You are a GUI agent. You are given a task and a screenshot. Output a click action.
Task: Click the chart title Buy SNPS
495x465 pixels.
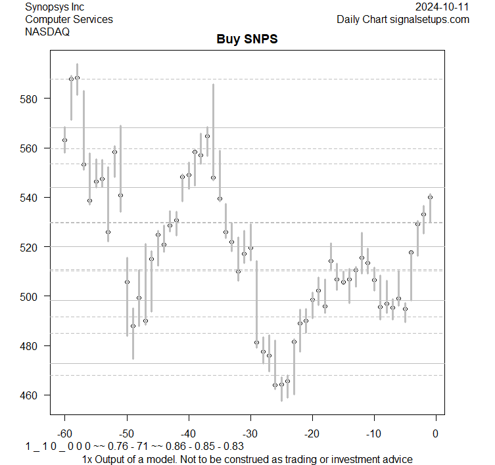(247, 39)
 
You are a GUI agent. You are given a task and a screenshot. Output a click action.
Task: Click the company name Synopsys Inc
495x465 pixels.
(55, 7)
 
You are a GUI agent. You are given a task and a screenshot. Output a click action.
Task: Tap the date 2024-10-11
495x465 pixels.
(442, 7)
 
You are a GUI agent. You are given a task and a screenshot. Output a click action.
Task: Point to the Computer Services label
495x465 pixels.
(69, 19)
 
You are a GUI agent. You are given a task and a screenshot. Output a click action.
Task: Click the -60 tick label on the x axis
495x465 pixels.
(64, 433)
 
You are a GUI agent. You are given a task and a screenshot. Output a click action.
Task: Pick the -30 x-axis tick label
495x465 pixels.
(250, 433)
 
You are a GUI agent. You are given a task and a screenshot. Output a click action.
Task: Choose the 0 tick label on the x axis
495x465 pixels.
(435, 433)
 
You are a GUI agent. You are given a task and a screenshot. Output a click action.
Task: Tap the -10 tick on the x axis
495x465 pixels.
(373, 433)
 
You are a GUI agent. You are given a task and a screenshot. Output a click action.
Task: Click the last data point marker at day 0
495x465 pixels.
(430, 197)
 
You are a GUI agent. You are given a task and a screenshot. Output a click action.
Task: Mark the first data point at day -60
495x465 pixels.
(64, 140)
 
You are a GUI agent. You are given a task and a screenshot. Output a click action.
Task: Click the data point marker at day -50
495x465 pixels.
(127, 282)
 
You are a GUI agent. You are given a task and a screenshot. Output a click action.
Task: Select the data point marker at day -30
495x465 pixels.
(250, 248)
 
